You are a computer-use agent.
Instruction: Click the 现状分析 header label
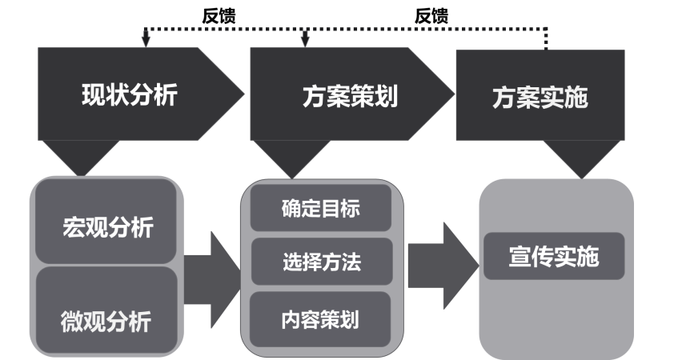point(130,95)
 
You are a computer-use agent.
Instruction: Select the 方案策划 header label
point(350,97)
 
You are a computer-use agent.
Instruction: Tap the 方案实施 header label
point(540,98)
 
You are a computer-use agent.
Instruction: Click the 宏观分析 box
point(107,226)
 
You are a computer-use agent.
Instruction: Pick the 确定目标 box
point(321,209)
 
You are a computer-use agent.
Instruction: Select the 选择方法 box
point(321,262)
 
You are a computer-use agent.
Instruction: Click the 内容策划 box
point(321,320)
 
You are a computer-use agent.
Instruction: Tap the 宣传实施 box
point(553,257)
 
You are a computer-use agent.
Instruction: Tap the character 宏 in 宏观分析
point(74,227)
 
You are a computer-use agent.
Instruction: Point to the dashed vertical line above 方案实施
point(547,38)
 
